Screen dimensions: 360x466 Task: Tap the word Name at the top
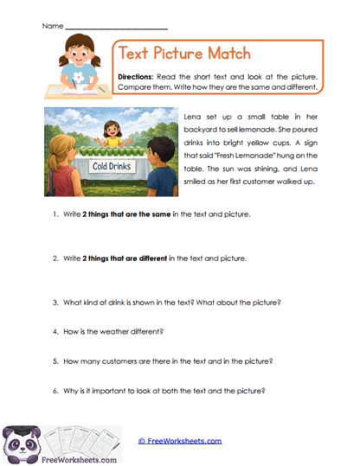[x=51, y=27]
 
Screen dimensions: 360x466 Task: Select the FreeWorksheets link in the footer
[x=181, y=441]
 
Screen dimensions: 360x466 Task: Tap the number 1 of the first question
[x=55, y=213]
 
